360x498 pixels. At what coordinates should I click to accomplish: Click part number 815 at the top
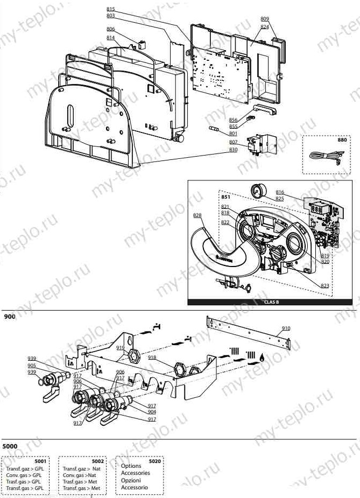(x=111, y=9)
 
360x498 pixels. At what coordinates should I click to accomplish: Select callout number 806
(x=110, y=29)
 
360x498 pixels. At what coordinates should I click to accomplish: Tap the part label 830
(x=233, y=149)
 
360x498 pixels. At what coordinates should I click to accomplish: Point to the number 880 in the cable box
(x=342, y=139)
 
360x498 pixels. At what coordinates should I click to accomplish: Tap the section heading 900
(x=10, y=317)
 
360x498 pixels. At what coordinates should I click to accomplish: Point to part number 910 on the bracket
(x=286, y=328)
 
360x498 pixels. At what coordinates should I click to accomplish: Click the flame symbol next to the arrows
(x=262, y=355)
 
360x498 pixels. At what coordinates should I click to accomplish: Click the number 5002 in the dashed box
(x=97, y=461)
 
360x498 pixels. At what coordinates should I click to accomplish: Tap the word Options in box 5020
(x=131, y=466)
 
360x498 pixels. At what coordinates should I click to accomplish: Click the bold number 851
(x=226, y=198)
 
